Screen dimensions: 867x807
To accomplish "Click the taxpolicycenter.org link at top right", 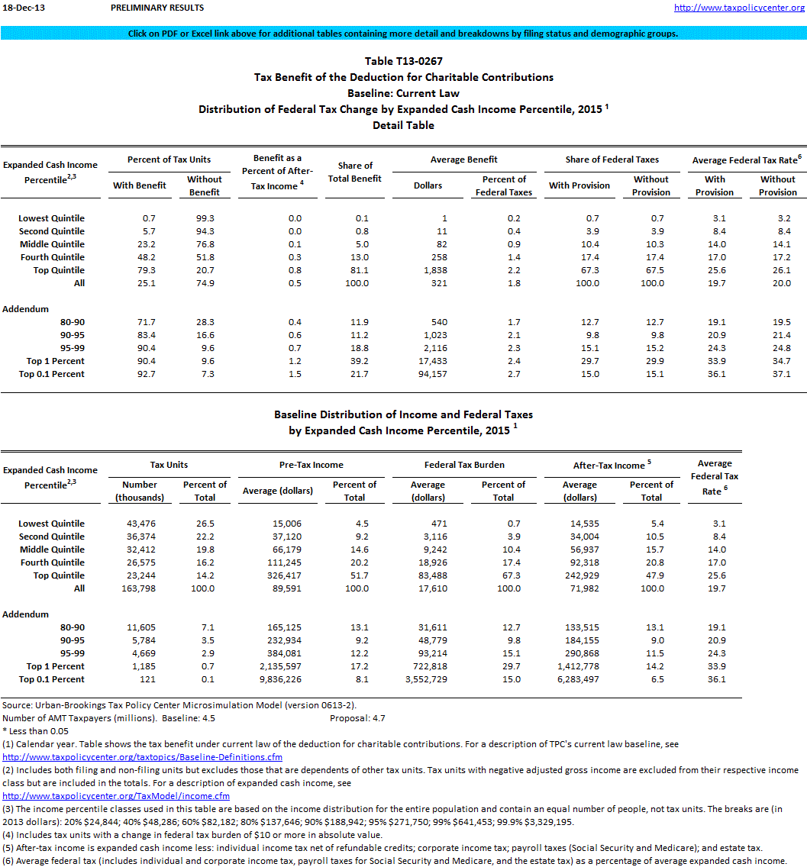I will point(740,8).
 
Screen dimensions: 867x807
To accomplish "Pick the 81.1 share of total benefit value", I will point(356,270).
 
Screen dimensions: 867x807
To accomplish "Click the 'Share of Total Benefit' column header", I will point(355,172).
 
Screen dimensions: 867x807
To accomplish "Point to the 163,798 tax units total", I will point(140,588).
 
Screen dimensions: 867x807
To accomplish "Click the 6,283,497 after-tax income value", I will point(579,679).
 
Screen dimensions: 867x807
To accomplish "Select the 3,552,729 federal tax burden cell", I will point(427,679).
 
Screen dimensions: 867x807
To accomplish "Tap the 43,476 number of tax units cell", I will point(140,524).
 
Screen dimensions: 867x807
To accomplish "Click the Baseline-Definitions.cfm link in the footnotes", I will point(143,757).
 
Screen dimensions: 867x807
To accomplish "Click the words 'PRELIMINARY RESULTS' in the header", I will point(157,8).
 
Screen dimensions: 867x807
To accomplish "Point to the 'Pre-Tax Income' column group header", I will point(312,465).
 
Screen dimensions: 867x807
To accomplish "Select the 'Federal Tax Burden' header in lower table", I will point(464,465).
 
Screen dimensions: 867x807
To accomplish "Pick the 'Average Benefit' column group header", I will point(465,160).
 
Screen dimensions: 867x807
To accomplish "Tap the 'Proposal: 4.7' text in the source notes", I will point(357,718).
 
